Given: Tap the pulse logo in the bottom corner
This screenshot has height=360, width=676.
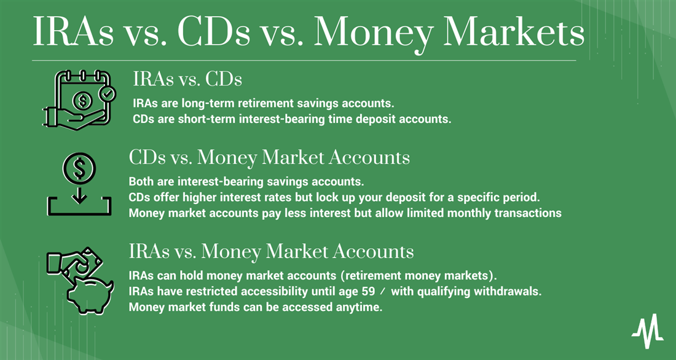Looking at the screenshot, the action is click(647, 331).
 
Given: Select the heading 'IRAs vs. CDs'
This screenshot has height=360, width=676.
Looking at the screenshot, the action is click(187, 79).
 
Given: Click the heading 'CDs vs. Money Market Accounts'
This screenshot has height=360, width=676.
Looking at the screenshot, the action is click(269, 157).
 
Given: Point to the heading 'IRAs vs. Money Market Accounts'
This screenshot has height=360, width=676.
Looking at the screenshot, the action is click(271, 251).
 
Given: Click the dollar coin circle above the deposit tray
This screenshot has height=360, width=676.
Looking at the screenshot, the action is click(79, 167).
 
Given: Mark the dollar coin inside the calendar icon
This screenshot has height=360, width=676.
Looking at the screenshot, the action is click(82, 101).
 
